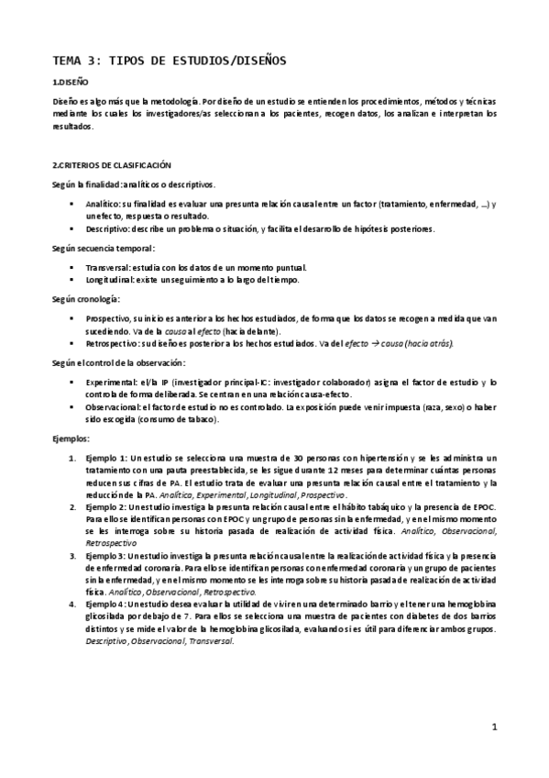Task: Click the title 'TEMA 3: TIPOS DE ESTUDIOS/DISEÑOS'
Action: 170,61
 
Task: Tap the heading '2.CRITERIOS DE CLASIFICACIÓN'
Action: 112,165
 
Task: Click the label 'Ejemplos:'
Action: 71,440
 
